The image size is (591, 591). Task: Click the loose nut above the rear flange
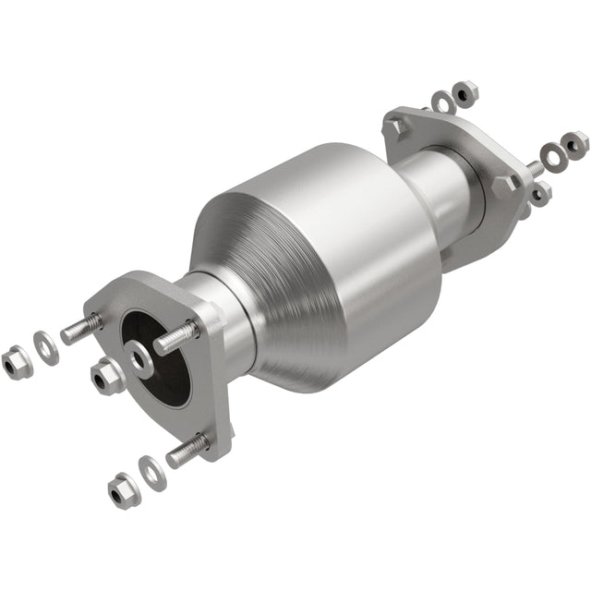pyautogui.click(x=465, y=91)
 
